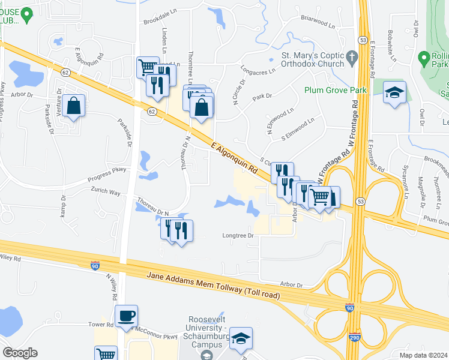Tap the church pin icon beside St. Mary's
coord(352,59)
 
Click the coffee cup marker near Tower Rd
coord(127,316)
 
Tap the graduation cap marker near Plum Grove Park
coord(394,93)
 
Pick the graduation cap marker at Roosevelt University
coord(241,339)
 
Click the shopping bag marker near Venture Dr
coord(73,106)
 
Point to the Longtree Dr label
coord(239,235)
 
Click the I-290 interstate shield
coord(354,339)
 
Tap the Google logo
coord(20,353)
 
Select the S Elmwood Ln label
coord(298,130)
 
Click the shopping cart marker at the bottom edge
coord(106,354)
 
